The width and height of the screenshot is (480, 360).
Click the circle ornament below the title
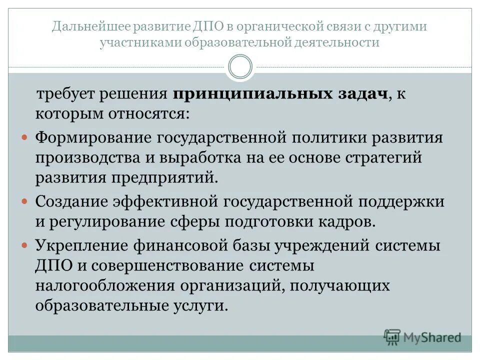(x=240, y=67)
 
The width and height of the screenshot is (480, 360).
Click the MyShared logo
(x=422, y=337)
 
